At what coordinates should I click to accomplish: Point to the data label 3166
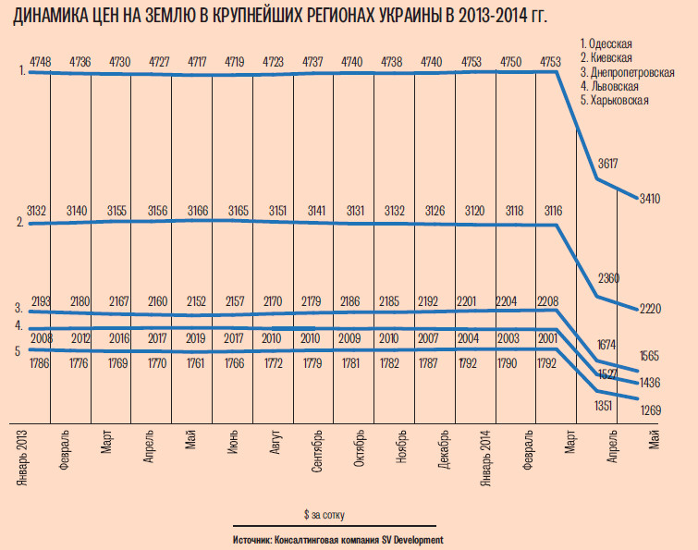198,211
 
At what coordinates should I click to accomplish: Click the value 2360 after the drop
608,278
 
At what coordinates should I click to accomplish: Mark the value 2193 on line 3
42,301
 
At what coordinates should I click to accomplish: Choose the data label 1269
652,408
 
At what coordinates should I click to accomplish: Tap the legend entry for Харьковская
618,99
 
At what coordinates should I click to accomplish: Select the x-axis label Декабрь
446,447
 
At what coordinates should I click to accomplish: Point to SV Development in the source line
407,539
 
